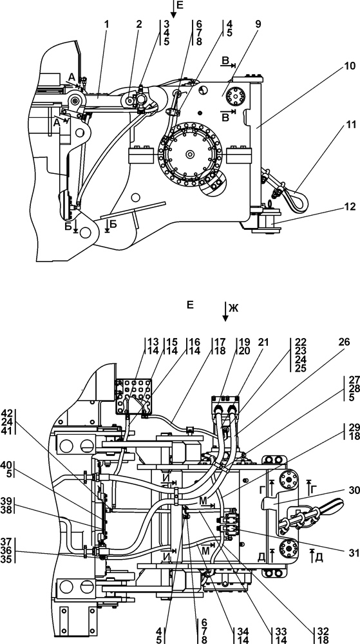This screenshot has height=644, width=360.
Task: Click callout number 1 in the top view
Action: [x=107, y=24]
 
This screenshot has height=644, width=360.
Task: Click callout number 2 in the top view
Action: [x=139, y=24]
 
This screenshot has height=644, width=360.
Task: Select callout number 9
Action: [x=258, y=24]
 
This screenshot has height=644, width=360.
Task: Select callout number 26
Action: [x=344, y=341]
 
